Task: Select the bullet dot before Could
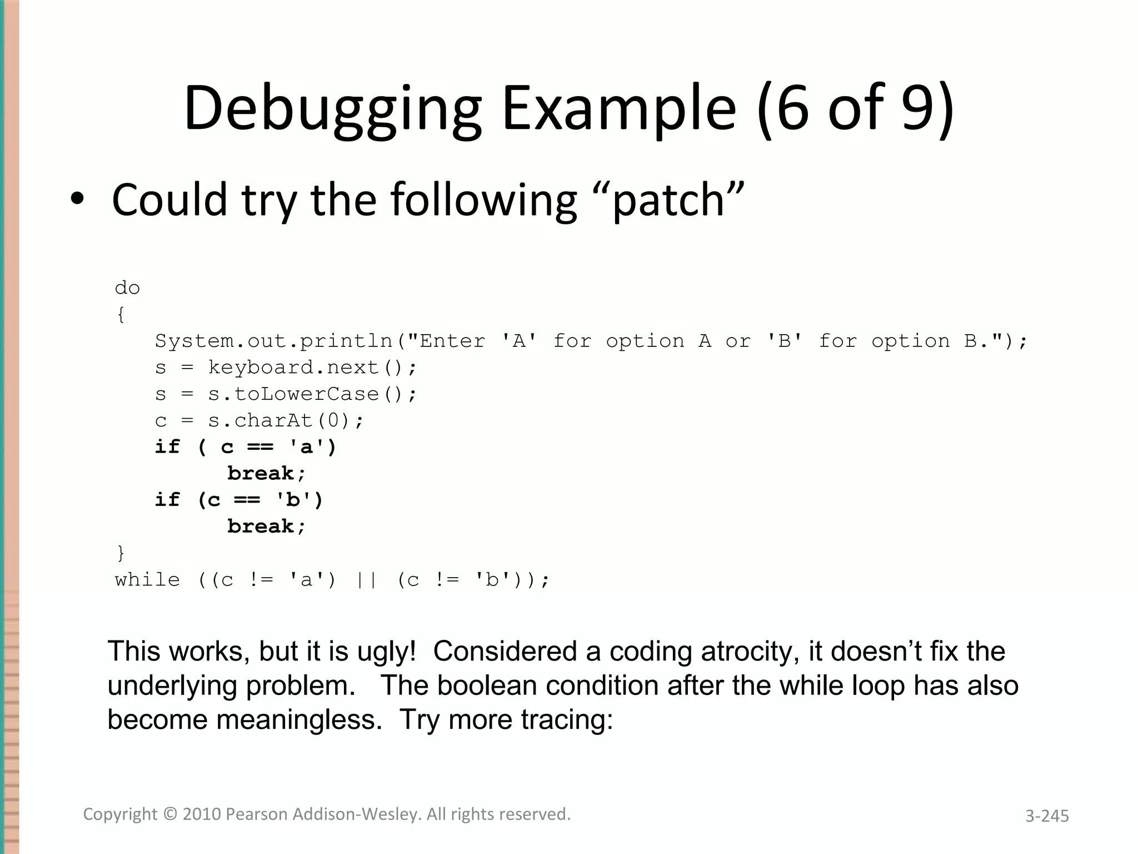pos(78,200)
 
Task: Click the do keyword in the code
pos(127,288)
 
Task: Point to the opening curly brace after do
pos(121,315)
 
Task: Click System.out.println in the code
pos(273,341)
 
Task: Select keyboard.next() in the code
pos(312,368)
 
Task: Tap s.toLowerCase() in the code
pos(312,394)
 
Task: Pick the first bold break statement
pos(266,474)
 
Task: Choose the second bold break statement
pos(266,527)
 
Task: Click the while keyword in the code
pos(147,580)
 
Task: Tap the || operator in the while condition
pos(366,580)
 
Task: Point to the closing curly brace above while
pos(121,553)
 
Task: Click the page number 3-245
pos(1047,816)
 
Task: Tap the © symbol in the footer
pos(170,814)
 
